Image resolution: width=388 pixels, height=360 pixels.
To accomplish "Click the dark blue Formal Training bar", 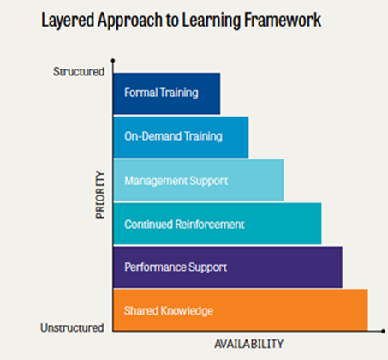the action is pyautogui.click(x=166, y=93).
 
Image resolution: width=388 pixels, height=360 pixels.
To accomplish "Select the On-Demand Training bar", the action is pyautogui.click(x=181, y=137).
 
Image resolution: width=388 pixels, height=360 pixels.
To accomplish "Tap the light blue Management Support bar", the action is pyautogui.click(x=198, y=180).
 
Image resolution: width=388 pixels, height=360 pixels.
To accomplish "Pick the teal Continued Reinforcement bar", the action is pyautogui.click(x=218, y=224).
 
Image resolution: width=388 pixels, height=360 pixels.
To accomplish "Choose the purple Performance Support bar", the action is pyautogui.click(x=228, y=267).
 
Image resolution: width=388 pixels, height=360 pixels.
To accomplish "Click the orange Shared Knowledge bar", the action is pyautogui.click(x=241, y=310).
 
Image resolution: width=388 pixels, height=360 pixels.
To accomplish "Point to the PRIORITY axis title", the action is pyautogui.click(x=100, y=195).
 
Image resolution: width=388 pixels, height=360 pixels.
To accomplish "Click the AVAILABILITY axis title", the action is pyautogui.click(x=249, y=344).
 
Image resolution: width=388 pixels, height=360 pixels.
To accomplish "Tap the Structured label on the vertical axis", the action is pyautogui.click(x=79, y=72).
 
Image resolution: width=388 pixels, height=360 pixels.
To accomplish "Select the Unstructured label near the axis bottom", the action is pyautogui.click(x=72, y=327).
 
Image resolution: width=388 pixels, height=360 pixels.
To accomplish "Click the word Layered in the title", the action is pyautogui.click(x=68, y=21).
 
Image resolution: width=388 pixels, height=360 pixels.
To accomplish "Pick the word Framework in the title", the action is pyautogui.click(x=283, y=20).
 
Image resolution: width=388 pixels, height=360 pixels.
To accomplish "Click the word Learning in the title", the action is pyautogui.click(x=211, y=21).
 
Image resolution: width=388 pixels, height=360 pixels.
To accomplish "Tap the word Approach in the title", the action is pyautogui.click(x=129, y=21).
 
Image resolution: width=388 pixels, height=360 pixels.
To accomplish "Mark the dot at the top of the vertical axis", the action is pyautogui.click(x=113, y=61).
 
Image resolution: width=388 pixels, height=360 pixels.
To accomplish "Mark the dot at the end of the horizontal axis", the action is pyautogui.click(x=383, y=331).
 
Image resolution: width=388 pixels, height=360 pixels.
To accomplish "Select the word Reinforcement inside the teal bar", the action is pyautogui.click(x=210, y=225).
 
